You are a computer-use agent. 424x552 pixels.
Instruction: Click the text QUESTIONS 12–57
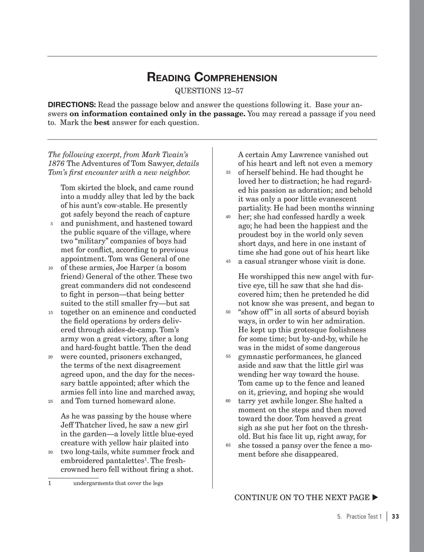pyautogui.click(x=209, y=91)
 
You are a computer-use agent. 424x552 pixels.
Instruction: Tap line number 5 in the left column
pyautogui.click(x=51, y=224)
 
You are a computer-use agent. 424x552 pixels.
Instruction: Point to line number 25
pyautogui.click(x=51, y=402)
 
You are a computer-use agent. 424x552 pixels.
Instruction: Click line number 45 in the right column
pyautogui.click(x=228, y=262)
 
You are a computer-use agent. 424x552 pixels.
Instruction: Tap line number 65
pyautogui.click(x=228, y=446)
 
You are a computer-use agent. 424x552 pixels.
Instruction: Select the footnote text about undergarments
pyautogui.click(x=118, y=483)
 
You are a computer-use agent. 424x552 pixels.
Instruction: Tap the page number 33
pyautogui.click(x=395, y=517)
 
